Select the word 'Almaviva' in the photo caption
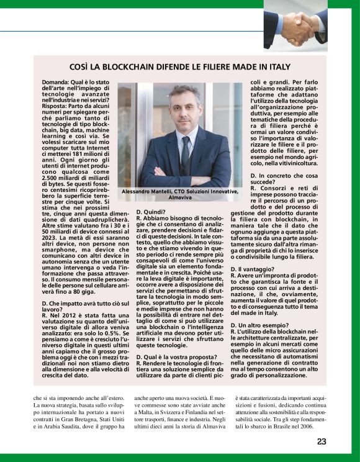point(179,199)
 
